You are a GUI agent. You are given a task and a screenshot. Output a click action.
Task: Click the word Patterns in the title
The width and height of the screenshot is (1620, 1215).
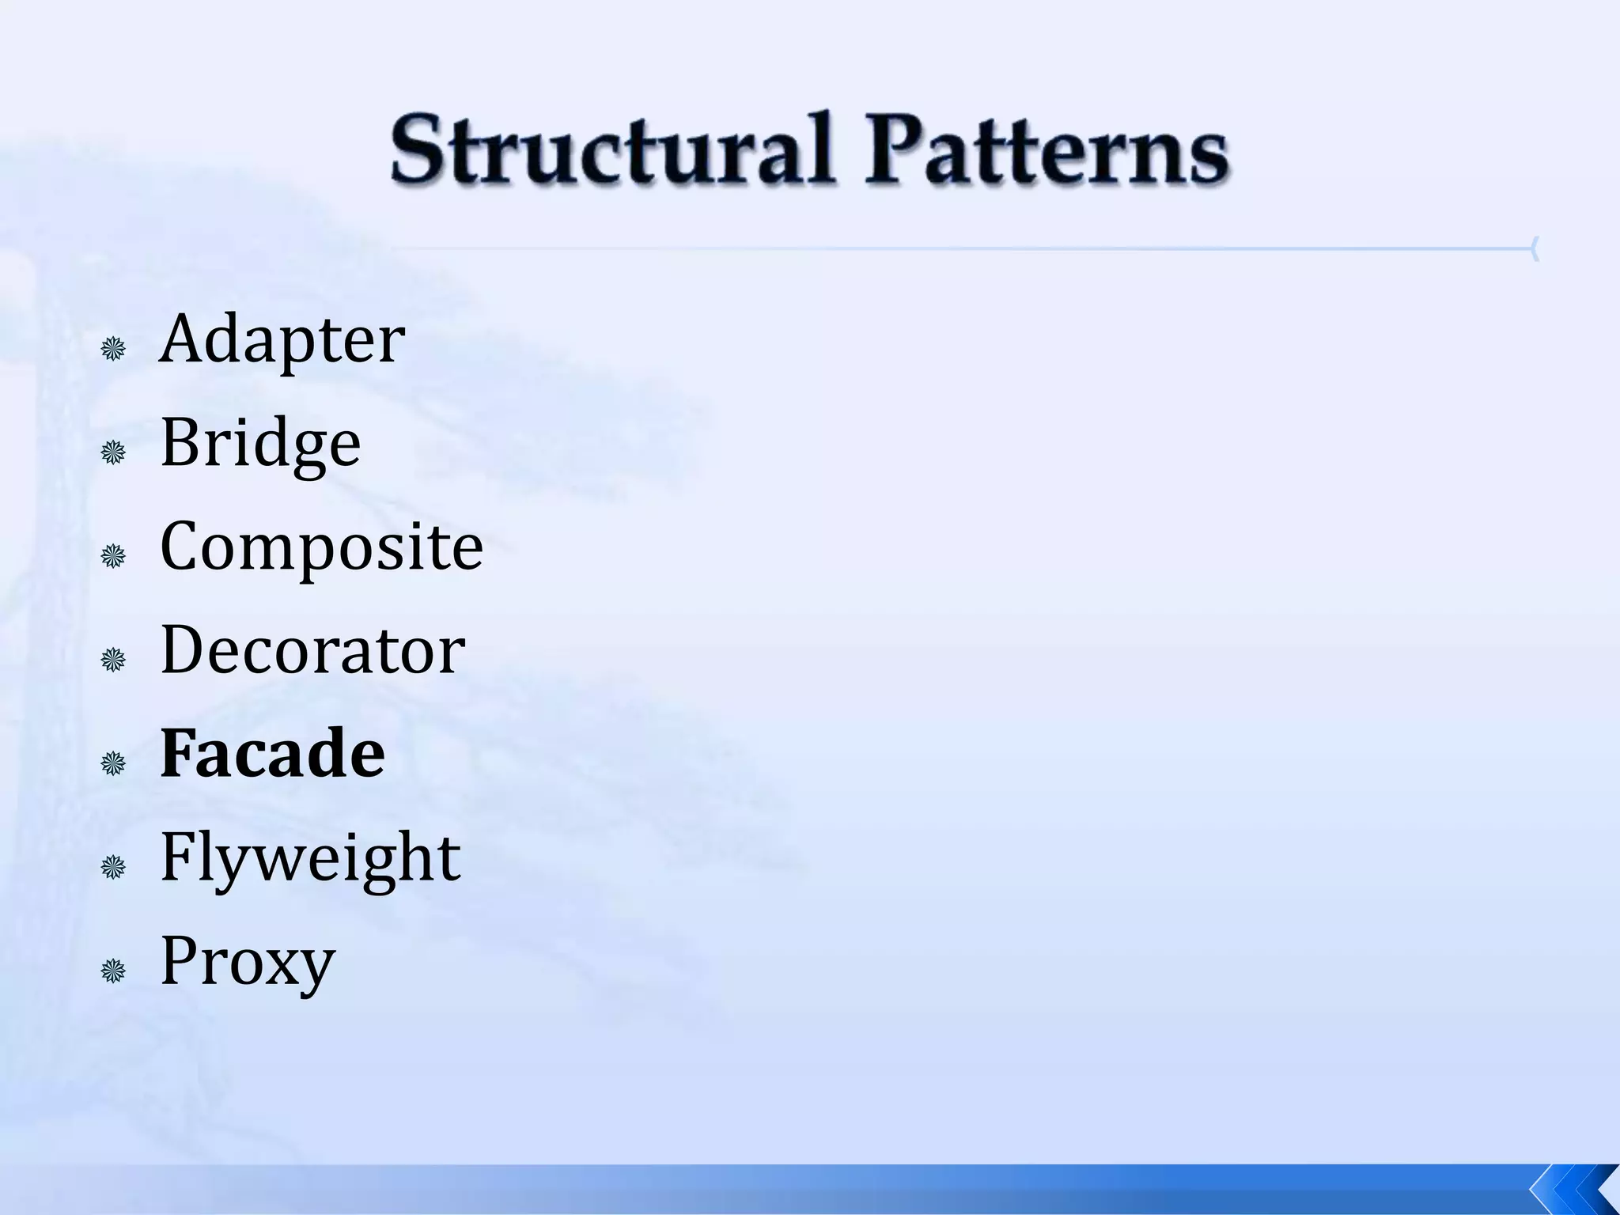click(x=1046, y=150)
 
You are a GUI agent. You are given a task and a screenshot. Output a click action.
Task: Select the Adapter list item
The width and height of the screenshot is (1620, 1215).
click(x=282, y=340)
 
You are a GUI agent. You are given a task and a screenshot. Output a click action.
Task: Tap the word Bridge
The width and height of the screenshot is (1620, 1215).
click(x=260, y=444)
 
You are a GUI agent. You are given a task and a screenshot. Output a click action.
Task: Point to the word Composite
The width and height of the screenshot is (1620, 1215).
click(x=321, y=547)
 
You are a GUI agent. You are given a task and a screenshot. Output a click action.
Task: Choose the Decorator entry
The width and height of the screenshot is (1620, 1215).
click(x=312, y=650)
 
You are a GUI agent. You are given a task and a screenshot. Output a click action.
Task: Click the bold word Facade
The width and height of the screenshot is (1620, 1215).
click(x=272, y=754)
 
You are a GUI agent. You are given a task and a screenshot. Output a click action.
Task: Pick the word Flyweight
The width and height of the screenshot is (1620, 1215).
click(x=310, y=857)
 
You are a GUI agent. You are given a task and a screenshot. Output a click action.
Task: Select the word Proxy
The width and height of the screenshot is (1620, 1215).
click(x=248, y=962)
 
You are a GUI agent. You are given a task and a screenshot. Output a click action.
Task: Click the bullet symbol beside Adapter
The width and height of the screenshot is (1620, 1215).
click(x=114, y=349)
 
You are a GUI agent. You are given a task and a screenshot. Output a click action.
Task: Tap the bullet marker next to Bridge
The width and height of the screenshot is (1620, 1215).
click(x=114, y=452)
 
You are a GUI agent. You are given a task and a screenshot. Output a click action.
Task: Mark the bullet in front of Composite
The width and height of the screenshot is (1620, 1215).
click(x=114, y=556)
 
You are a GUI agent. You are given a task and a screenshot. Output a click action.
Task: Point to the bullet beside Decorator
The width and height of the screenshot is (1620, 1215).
click(x=114, y=660)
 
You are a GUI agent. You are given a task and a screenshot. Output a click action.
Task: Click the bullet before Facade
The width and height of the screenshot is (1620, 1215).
click(x=114, y=763)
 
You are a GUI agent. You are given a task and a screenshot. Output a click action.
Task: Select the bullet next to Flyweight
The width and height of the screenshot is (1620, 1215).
click(x=114, y=868)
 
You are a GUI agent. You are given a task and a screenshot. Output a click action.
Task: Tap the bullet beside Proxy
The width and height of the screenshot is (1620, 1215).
click(x=114, y=971)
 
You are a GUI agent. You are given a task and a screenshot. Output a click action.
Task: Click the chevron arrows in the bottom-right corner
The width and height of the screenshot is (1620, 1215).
click(x=1574, y=1188)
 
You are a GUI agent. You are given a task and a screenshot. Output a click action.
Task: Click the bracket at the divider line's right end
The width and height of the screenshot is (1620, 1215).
click(x=1535, y=249)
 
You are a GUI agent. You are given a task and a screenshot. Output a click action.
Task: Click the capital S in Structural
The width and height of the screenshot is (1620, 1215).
click(x=417, y=149)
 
